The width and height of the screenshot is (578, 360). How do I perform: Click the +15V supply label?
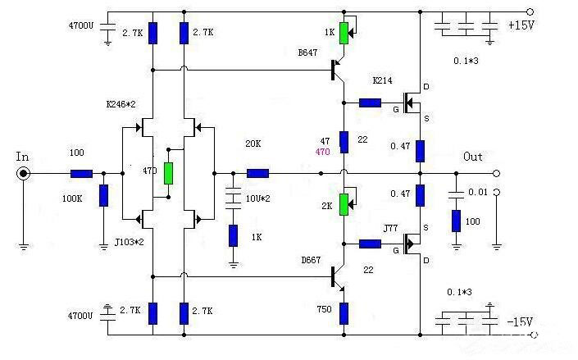[521, 25]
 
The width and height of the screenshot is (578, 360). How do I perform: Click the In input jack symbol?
[25, 174]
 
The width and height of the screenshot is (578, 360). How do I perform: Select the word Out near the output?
[473, 157]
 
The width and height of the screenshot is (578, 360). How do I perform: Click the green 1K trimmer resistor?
[344, 34]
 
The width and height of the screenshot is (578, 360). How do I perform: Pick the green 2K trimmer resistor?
[344, 203]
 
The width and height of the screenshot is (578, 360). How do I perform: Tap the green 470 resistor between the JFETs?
[168, 173]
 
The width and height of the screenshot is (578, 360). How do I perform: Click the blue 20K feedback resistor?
[257, 173]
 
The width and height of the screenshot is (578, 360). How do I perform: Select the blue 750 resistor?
[344, 312]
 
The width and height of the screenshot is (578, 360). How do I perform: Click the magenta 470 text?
[325, 153]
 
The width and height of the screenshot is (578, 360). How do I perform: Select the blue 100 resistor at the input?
[81, 174]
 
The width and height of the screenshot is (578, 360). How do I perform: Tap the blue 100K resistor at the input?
[103, 197]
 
